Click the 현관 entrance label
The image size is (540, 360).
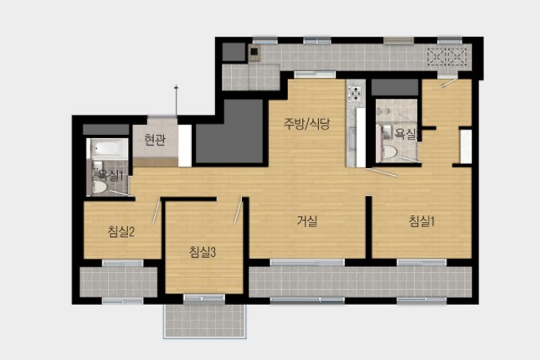click(155, 140)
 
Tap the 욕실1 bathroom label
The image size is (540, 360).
click(111, 176)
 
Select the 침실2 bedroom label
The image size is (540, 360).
click(121, 232)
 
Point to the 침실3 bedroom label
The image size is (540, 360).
click(203, 252)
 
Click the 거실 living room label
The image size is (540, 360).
click(307, 220)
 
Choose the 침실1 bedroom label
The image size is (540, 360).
click(421, 221)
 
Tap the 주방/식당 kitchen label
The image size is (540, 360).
click(307, 123)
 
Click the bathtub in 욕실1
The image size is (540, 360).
click(107, 148)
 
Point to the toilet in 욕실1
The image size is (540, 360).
click(100, 187)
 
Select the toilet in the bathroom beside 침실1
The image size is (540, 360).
click(389, 152)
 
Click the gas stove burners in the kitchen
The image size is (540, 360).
click(355, 93)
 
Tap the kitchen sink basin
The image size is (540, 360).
click(352, 138)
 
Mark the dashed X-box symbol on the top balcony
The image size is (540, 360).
click(447, 56)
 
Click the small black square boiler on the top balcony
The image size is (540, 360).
click(255, 52)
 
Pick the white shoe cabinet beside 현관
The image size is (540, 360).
click(184, 146)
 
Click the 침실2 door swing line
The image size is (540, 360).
click(157, 212)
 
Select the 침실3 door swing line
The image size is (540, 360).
click(239, 212)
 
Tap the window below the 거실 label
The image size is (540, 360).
click(307, 263)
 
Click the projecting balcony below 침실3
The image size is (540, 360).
click(204, 321)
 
